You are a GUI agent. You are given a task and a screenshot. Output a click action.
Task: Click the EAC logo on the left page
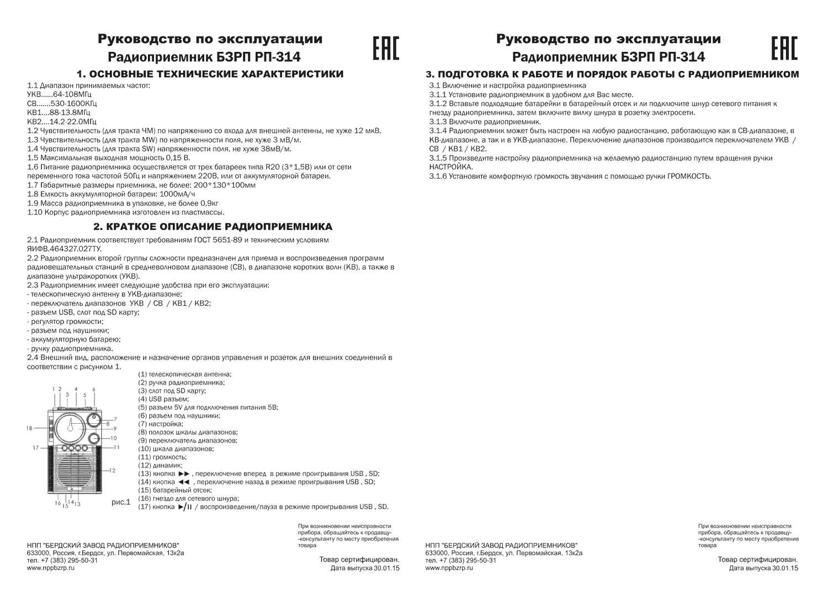(386, 49)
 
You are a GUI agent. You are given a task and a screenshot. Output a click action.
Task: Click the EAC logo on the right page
(784, 49)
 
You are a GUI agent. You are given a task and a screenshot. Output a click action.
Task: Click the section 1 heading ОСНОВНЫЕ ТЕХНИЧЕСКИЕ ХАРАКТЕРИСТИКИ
(210, 74)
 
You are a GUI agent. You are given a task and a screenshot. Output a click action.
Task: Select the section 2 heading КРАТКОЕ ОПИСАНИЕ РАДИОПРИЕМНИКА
(213, 227)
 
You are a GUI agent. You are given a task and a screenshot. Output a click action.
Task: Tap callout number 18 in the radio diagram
(29, 428)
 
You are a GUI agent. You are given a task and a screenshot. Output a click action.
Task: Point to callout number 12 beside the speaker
(112, 471)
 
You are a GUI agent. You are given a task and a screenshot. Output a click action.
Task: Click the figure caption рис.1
(120, 502)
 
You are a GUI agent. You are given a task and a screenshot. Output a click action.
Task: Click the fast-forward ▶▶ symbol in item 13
(184, 474)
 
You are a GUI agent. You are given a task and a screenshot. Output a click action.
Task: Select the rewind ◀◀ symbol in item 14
(184, 482)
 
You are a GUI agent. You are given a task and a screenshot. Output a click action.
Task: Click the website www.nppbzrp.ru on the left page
(50, 568)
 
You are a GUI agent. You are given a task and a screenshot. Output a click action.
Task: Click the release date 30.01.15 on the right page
(785, 568)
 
